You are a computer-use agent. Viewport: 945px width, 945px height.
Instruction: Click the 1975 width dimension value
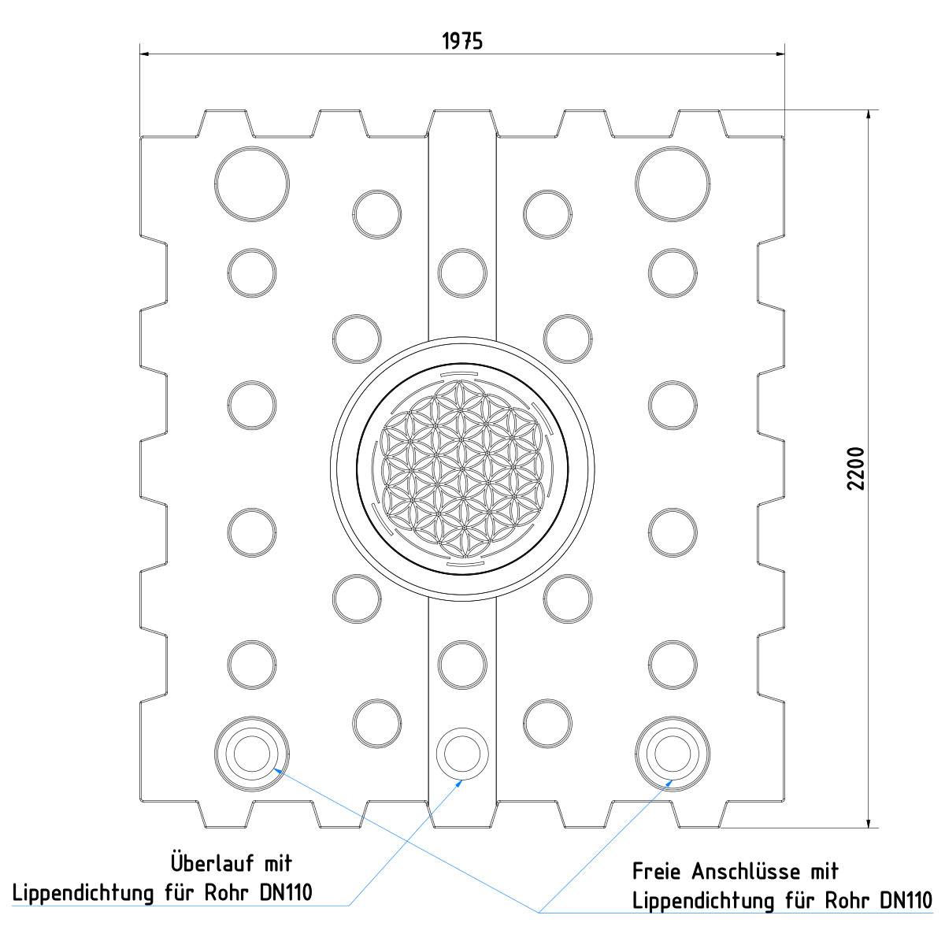pyautogui.click(x=462, y=42)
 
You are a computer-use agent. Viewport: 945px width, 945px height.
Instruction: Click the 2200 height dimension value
pyautogui.click(x=856, y=469)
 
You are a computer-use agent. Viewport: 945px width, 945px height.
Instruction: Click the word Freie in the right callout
pyautogui.click(x=658, y=872)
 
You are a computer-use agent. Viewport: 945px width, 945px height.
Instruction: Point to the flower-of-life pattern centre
pyautogui.click(x=462, y=469)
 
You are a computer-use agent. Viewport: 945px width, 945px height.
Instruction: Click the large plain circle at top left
pyautogui.click(x=252, y=183)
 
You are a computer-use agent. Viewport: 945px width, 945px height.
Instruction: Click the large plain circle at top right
pyautogui.click(x=673, y=183)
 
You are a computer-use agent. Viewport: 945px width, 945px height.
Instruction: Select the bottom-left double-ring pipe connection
pyautogui.click(x=252, y=754)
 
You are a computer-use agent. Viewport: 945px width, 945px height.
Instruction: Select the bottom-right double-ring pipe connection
pyautogui.click(x=673, y=754)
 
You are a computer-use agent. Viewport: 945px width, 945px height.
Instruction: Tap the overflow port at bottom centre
pyautogui.click(x=462, y=754)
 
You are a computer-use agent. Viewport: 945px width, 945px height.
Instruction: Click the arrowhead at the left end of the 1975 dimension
pyautogui.click(x=146, y=54)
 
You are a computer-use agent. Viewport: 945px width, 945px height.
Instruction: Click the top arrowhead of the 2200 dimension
pyautogui.click(x=869, y=114)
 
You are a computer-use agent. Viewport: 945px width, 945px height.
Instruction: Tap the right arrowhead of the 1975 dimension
pyautogui.click(x=780, y=54)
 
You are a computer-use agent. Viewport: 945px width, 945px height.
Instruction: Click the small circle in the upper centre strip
pyautogui.click(x=462, y=272)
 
